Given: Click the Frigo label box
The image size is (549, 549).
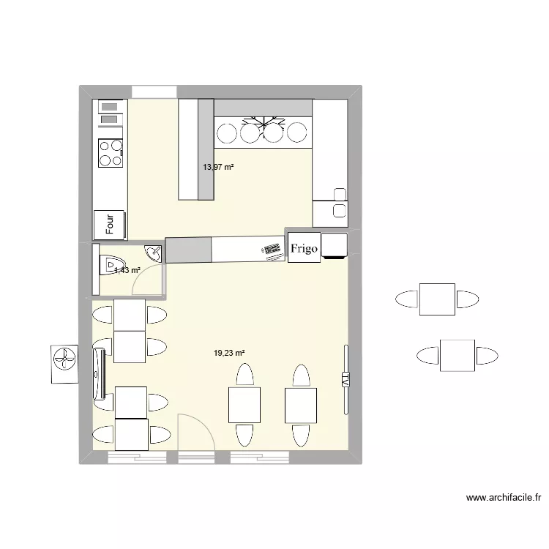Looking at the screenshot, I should pos(304,248).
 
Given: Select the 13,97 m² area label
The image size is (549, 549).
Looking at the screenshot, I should pos(218,167).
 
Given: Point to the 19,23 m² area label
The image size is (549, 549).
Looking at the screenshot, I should pos(229,353).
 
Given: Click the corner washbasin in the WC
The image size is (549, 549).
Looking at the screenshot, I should pos(154,254).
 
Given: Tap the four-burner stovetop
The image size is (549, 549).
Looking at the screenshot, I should pos(111,153).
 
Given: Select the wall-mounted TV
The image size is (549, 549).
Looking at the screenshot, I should pos(345,378).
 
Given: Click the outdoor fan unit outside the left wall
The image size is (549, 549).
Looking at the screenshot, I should pos(64,362).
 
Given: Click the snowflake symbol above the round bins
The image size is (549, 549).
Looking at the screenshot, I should pos(262,122).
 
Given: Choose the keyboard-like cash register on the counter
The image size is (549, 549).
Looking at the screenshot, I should pos(272,250).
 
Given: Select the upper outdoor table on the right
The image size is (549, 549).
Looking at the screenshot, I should pos(437,299).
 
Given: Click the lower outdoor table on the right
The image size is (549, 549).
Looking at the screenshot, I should pos(457,356).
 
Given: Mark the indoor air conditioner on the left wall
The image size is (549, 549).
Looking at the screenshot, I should pos(99,372).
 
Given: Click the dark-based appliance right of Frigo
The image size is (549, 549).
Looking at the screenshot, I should pos(335,246).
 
